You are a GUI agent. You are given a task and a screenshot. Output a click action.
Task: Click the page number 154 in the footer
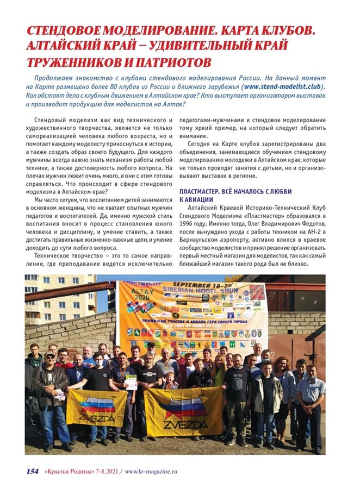(32, 471)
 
